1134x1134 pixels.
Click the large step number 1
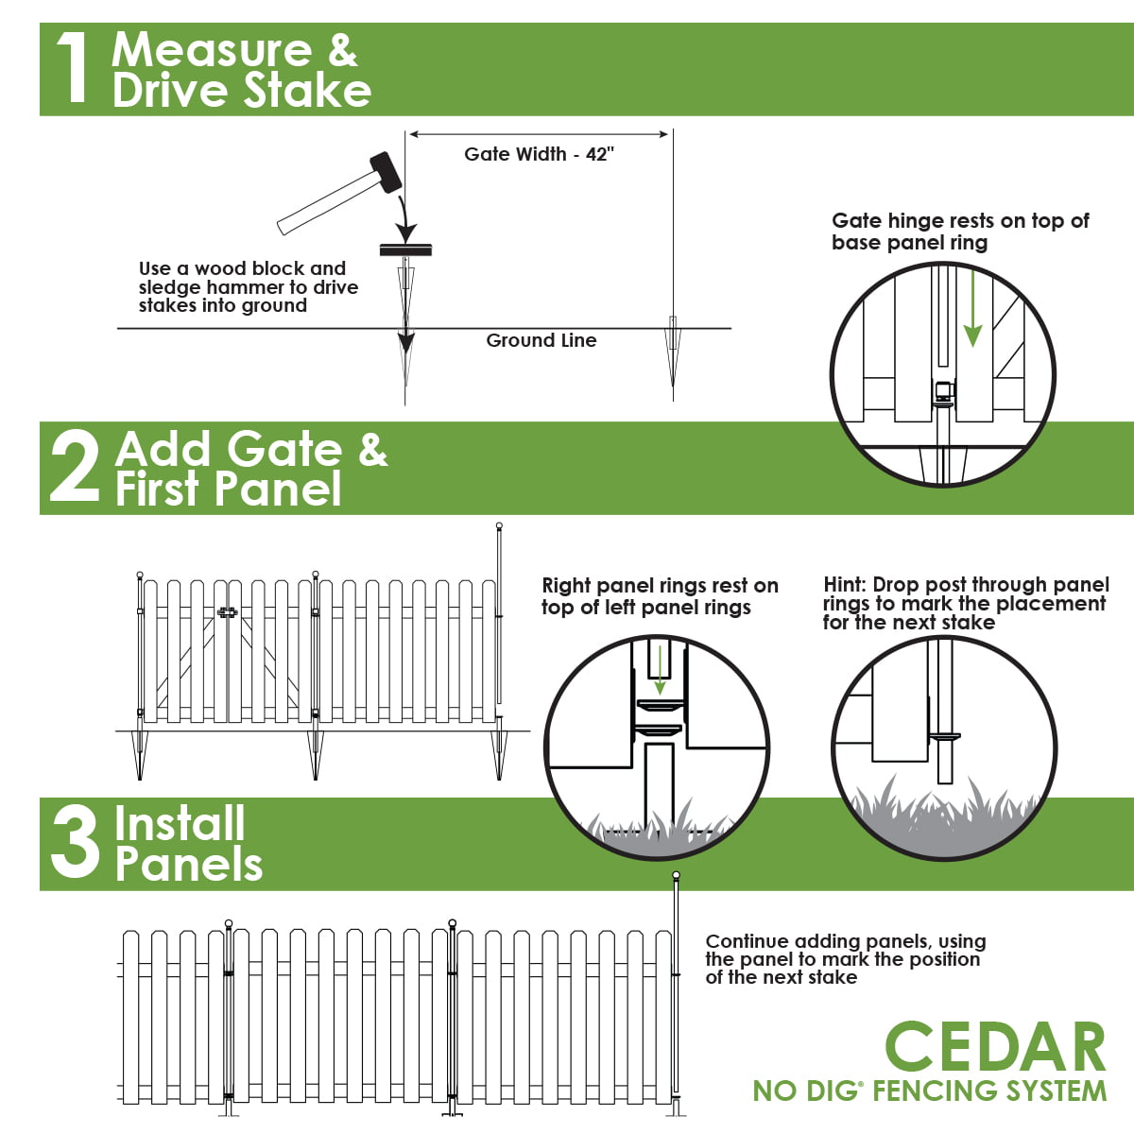tap(72, 68)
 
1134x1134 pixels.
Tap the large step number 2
tap(74, 468)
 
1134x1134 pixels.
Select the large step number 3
tap(75, 844)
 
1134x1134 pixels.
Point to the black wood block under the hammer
tap(405, 249)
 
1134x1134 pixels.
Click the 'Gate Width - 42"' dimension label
tap(539, 154)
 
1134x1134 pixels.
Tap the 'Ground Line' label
tap(541, 340)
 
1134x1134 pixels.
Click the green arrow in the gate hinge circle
tap(972, 312)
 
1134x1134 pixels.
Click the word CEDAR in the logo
tap(995, 1047)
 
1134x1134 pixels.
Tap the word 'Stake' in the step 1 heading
tap(307, 91)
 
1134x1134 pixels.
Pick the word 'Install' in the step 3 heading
tap(180, 823)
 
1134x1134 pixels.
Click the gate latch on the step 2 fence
tap(226, 612)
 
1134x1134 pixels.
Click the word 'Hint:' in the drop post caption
tap(845, 585)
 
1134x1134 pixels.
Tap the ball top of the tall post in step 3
tap(676, 876)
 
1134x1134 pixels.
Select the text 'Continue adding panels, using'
tap(846, 941)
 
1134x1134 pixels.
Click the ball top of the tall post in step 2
tap(499, 526)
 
